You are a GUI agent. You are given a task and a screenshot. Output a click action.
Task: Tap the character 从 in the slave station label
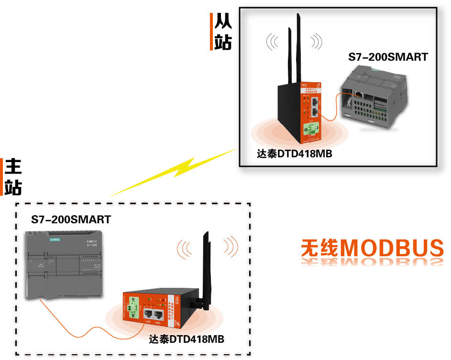[223, 21]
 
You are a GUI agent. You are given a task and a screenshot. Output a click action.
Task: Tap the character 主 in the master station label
[13, 167]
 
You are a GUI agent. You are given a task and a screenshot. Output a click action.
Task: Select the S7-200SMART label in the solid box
[388, 57]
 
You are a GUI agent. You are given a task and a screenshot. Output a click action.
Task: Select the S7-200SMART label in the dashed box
[71, 219]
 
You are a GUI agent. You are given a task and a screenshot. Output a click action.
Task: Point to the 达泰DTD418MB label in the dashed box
[187, 339]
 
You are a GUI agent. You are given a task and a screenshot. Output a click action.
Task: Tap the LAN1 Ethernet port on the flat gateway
[148, 314]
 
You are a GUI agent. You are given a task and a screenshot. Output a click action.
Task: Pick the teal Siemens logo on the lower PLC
[55, 240]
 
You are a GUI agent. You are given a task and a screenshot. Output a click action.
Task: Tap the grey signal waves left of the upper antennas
[272, 42]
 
